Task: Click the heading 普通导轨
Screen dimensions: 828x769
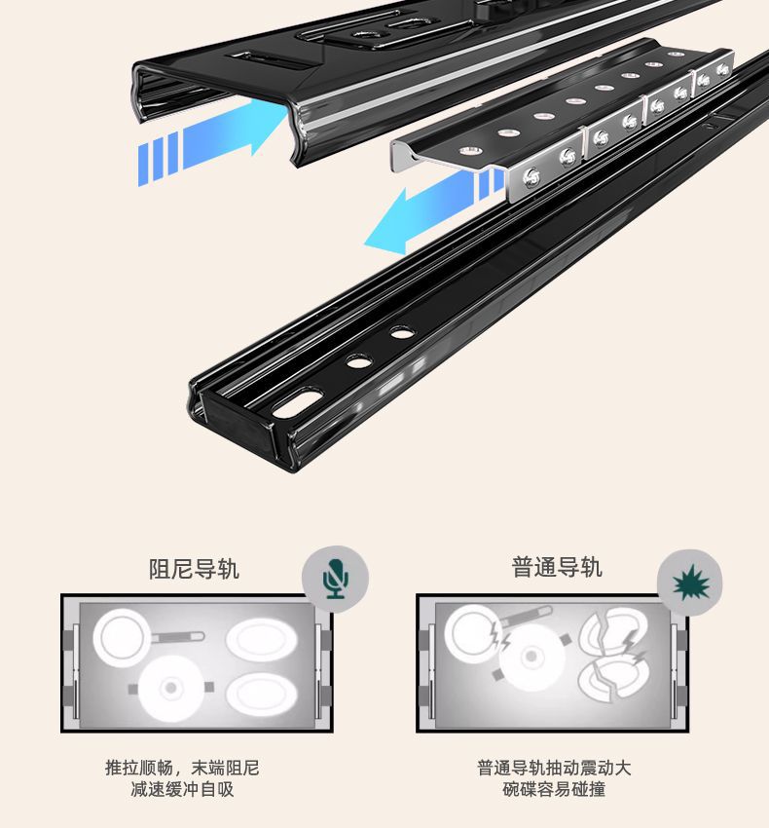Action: (557, 567)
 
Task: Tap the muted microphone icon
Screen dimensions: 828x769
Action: (336, 579)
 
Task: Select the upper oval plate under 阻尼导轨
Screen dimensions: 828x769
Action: (262, 640)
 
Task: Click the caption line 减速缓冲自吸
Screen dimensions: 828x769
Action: (183, 789)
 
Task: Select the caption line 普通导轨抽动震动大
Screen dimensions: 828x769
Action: (554, 768)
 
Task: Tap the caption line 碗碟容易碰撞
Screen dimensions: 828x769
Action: (554, 789)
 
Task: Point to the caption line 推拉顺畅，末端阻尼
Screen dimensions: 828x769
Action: (183, 768)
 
